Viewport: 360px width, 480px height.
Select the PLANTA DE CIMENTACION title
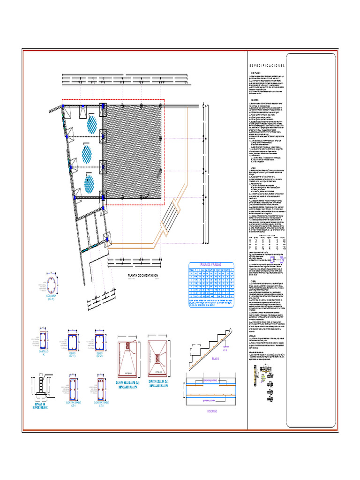(x=143, y=275)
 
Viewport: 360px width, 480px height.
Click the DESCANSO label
(x=212, y=411)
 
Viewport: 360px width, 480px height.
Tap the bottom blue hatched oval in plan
(x=89, y=183)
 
